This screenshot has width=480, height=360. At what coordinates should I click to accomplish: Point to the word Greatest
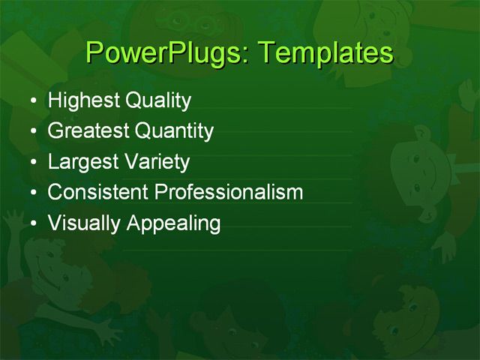88,131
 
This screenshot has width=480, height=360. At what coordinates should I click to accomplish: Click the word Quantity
174,131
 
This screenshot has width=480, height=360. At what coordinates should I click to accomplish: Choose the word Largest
81,162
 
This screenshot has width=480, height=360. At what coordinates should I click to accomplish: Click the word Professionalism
229,192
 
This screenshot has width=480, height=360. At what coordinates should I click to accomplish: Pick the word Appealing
173,223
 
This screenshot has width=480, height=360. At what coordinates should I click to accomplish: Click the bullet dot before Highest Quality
31,101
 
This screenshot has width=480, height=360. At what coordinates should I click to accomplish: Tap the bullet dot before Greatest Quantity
31,132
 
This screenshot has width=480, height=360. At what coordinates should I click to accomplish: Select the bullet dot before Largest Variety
31,163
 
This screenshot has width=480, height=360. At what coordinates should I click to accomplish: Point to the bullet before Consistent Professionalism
31,193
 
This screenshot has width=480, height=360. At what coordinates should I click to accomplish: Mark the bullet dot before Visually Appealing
31,223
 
